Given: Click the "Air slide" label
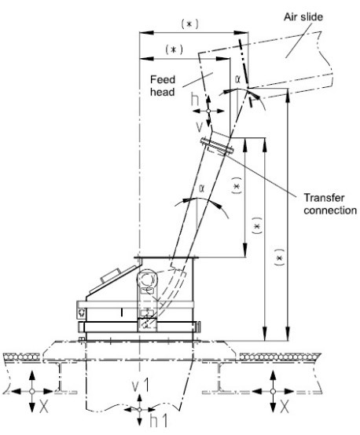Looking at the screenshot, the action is pos(303,17).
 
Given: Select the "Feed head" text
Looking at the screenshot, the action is pos(163,86).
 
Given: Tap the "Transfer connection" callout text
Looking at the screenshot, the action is pos(330,204).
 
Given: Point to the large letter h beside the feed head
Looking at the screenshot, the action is pos(195,100).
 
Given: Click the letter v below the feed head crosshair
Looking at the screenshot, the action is pos(199,126).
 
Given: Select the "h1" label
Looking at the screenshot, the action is pos(159,421).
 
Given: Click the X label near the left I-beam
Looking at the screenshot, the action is pos(43,408).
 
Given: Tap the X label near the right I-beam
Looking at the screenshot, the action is pos(284,408).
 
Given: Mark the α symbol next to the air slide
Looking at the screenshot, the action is pos(238,79).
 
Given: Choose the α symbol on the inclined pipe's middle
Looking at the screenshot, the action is pos(202,188).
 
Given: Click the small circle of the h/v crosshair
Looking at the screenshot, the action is pos(208,111).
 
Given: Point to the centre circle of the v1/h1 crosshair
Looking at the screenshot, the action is pos(140,409).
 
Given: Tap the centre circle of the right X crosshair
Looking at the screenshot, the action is pos(273,391).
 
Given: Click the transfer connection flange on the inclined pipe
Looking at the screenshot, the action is pos(217,146).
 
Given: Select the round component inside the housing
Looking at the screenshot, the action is pos(147,280).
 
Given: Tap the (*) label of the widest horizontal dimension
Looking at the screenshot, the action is pos(189,24).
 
